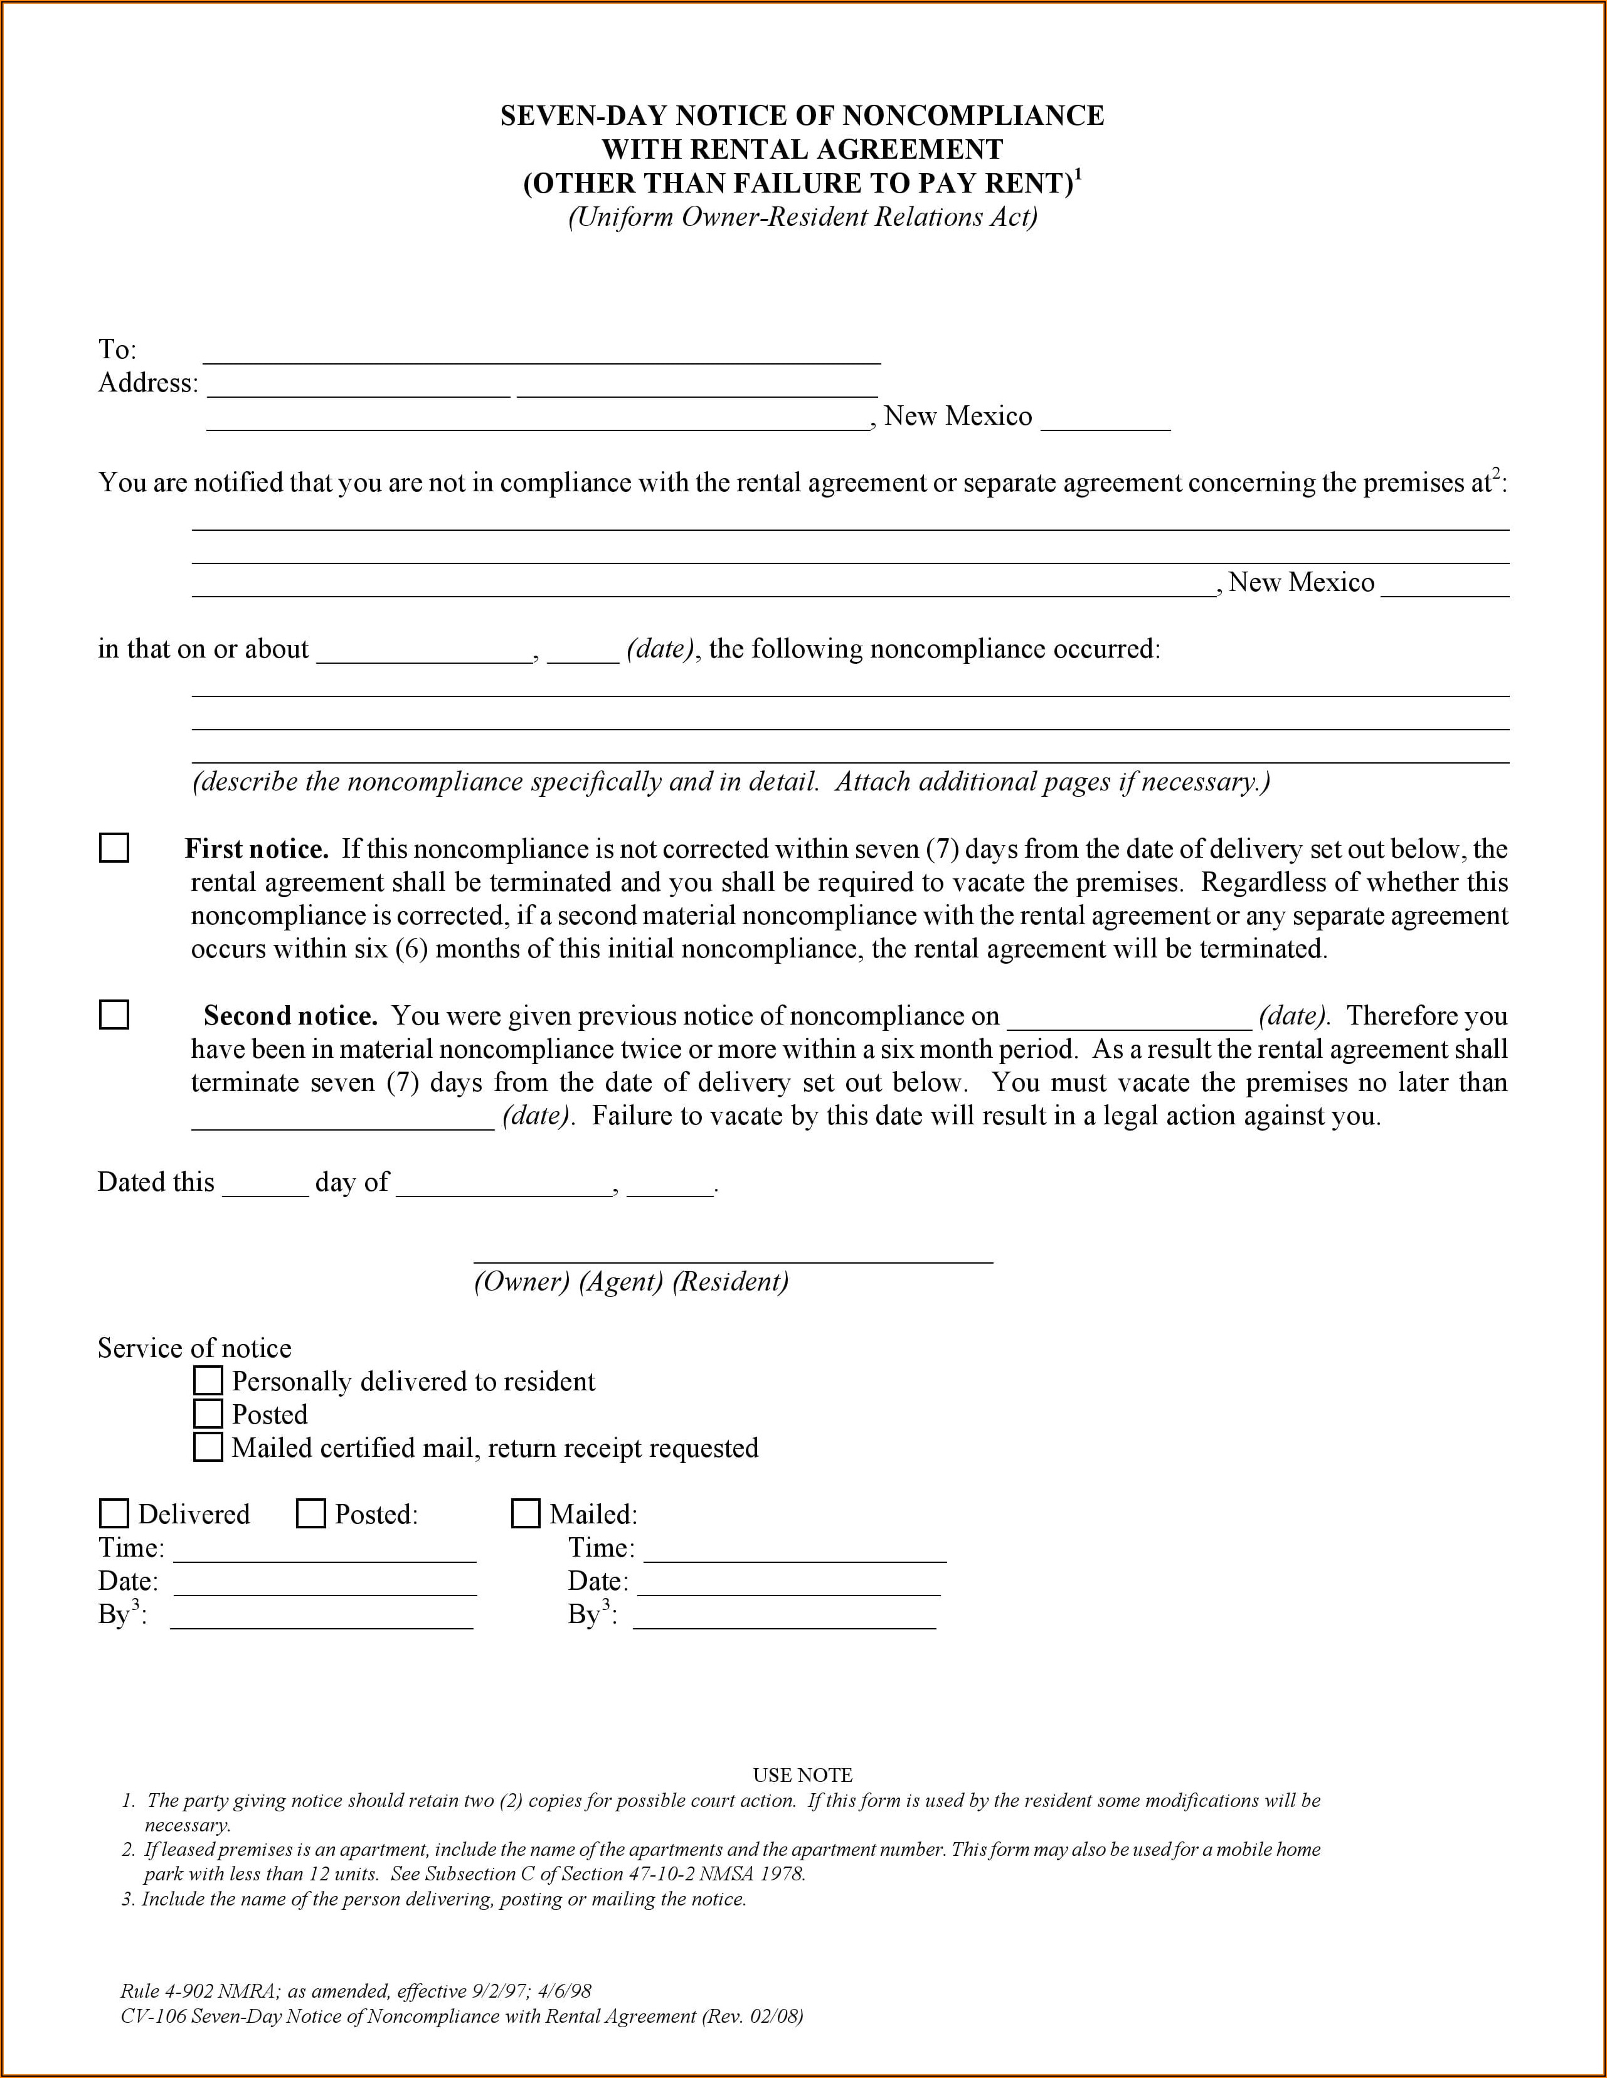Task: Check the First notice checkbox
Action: (114, 848)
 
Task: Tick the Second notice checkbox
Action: (114, 1015)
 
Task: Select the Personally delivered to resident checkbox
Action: (208, 1380)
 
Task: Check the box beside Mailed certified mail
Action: (208, 1447)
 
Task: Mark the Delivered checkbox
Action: (114, 1514)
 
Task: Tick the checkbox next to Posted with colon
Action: (311, 1514)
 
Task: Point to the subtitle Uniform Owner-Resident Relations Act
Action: (802, 218)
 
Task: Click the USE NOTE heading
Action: (802, 1776)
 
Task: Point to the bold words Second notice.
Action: (290, 1016)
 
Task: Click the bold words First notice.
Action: (256, 849)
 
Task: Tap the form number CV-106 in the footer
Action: (153, 2016)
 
